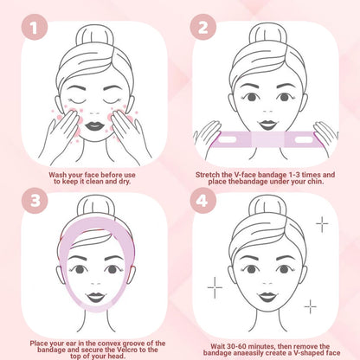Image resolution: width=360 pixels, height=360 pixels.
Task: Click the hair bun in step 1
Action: [x=89, y=36]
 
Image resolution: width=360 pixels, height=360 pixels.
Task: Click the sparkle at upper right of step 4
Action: [x=322, y=224]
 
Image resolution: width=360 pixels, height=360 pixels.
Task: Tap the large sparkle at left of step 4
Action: [x=215, y=285]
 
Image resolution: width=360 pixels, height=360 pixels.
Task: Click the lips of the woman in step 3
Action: [x=89, y=297]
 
